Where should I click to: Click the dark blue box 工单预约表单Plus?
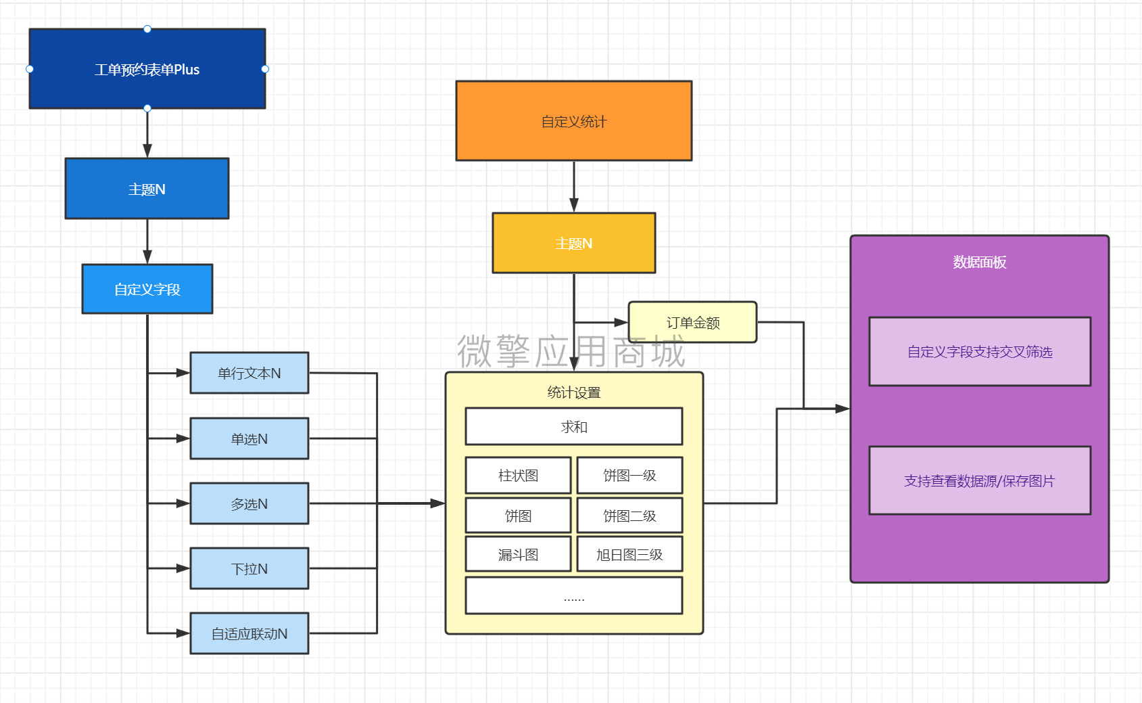tap(147, 69)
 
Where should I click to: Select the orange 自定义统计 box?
tap(574, 121)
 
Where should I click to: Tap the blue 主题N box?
tap(147, 189)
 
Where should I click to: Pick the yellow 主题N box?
tap(574, 243)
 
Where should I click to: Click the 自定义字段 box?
tap(147, 290)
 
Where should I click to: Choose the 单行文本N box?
tap(249, 373)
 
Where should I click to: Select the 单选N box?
tap(249, 438)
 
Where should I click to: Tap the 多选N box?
tap(249, 503)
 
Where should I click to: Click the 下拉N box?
tap(249, 568)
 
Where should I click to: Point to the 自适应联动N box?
tap(249, 633)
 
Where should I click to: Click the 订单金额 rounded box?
tap(693, 322)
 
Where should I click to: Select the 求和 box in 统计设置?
tap(574, 426)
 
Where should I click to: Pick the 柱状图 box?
tap(519, 476)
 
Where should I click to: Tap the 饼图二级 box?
tap(629, 516)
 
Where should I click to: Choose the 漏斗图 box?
tap(519, 555)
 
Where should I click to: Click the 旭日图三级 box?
tap(629, 555)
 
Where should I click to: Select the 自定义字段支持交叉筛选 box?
tap(980, 352)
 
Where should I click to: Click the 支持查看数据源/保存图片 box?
tap(980, 480)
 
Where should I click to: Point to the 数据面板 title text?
tap(979, 263)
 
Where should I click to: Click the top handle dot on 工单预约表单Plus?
tap(147, 29)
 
